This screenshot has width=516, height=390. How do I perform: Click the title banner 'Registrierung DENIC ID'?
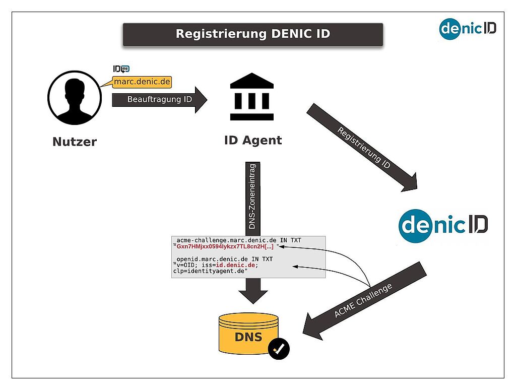(x=253, y=34)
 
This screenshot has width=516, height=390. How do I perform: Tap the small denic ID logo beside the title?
(x=468, y=29)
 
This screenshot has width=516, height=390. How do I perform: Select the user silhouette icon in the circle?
(x=75, y=98)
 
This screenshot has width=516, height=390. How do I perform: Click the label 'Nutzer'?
(x=75, y=142)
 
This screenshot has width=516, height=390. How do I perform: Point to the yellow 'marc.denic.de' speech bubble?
(x=142, y=82)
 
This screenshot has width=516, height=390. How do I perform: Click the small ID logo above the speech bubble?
(x=121, y=69)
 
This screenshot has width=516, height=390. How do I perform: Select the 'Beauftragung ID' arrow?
(x=160, y=100)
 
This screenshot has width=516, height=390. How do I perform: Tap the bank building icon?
(x=252, y=96)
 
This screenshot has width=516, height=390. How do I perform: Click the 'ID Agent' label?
(x=253, y=141)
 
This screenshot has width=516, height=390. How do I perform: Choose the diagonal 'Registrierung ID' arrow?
(x=362, y=148)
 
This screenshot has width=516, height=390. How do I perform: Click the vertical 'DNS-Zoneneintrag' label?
(x=252, y=197)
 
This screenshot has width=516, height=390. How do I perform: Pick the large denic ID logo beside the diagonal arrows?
(x=443, y=226)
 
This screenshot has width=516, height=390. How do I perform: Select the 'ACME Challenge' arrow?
(x=365, y=301)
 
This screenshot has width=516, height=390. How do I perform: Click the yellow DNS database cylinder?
(x=248, y=334)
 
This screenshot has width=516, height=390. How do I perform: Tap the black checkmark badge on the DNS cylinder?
(x=279, y=349)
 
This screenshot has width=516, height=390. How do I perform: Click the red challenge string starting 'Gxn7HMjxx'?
(x=225, y=247)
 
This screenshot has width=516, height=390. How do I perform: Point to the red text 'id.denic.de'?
(x=235, y=265)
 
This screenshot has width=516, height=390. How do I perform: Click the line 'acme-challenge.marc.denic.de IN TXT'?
(x=238, y=240)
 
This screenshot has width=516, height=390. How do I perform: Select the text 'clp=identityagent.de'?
(x=210, y=271)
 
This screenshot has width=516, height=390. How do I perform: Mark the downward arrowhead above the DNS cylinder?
(x=253, y=297)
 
